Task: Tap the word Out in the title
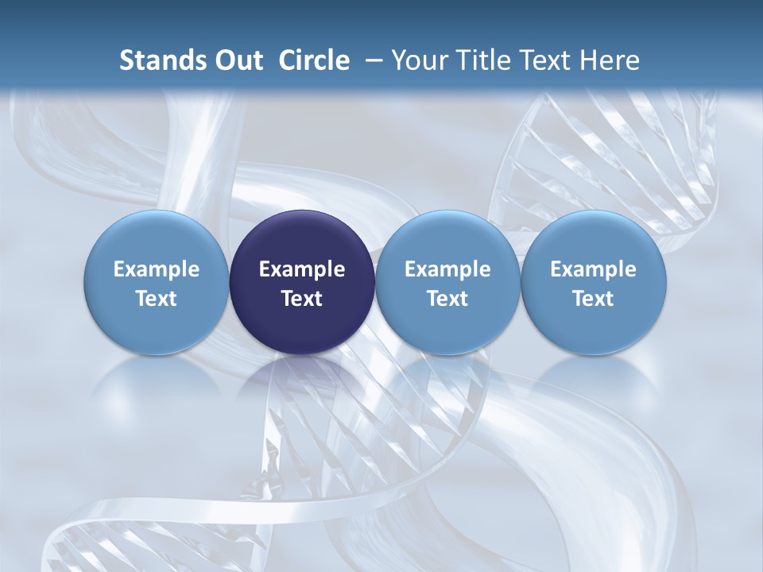pos(238,60)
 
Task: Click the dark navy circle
pos(302,283)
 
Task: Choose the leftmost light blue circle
pos(157,283)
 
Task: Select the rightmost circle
pos(593,283)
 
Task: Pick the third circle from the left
pos(447,283)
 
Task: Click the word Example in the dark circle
pos(302,270)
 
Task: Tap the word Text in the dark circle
pos(302,299)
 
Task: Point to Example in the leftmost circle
pos(157,270)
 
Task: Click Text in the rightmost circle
pos(593,299)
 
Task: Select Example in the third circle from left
pos(447,270)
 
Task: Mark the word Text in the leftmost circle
pos(157,299)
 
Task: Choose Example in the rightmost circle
pos(593,270)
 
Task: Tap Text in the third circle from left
pos(447,299)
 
